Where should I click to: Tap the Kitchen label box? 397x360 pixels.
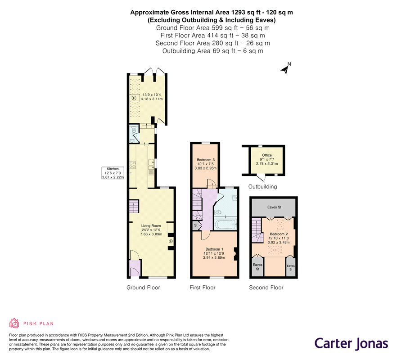click(x=113, y=173)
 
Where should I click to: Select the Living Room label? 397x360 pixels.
click(x=151, y=225)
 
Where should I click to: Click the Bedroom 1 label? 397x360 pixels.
click(x=214, y=249)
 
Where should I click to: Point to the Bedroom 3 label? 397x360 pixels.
click(x=206, y=160)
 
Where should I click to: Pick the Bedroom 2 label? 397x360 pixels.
click(x=279, y=234)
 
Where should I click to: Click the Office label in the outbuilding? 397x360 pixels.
click(x=267, y=155)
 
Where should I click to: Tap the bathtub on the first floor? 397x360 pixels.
click(x=226, y=224)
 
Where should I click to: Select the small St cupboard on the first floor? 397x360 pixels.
click(x=196, y=225)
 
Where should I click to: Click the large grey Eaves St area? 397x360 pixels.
click(x=274, y=207)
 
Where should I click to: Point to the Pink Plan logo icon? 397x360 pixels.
click(x=14, y=323)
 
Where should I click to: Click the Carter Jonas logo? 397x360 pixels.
click(x=352, y=344)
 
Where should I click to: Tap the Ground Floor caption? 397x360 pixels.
click(x=143, y=288)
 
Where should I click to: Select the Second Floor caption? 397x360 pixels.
click(x=266, y=288)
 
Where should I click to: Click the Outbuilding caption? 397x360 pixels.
click(x=262, y=187)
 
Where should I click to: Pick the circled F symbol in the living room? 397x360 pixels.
click(x=171, y=241)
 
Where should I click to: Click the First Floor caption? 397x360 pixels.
click(x=203, y=288)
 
